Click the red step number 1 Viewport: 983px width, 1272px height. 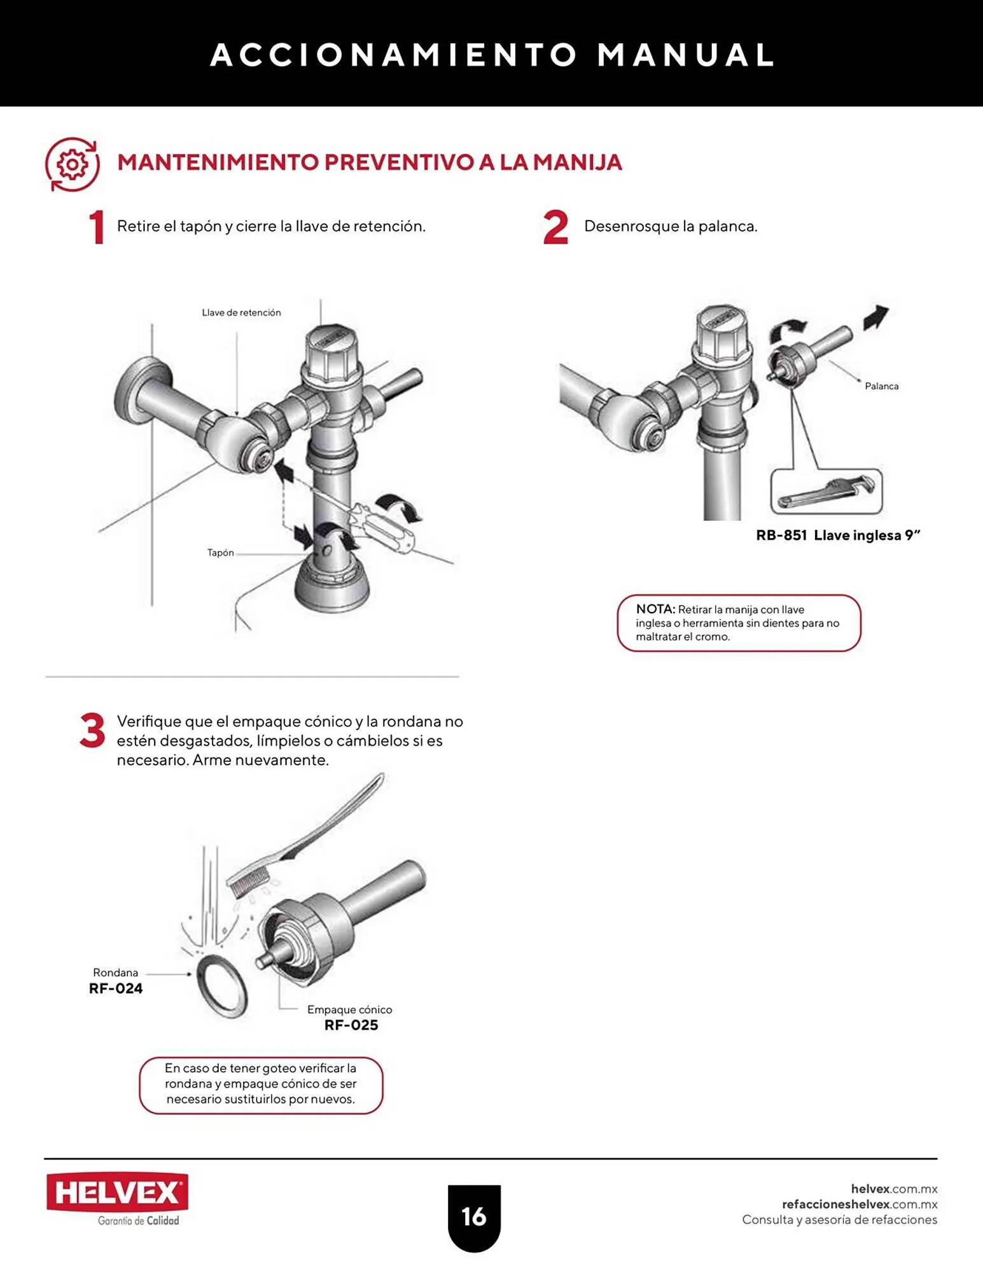(x=96, y=228)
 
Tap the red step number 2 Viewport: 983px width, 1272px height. (x=555, y=228)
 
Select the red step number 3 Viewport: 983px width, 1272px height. (x=92, y=731)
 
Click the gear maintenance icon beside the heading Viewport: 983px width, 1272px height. (x=73, y=165)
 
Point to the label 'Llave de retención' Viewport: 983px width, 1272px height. (x=241, y=313)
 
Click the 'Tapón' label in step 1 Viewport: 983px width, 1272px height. (x=220, y=553)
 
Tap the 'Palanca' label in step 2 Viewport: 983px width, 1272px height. (x=881, y=386)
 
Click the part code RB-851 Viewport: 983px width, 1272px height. (x=781, y=536)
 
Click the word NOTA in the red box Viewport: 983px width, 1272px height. (x=655, y=609)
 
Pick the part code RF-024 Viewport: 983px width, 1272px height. (x=116, y=989)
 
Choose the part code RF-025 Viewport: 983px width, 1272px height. (x=351, y=1025)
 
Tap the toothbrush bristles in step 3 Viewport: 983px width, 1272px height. (x=241, y=885)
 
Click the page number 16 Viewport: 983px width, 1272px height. (x=474, y=1217)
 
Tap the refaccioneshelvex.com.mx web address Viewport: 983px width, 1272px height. (x=860, y=1205)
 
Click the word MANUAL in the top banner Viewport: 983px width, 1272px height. (x=685, y=55)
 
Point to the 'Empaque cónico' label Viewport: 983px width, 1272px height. (x=349, y=1010)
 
